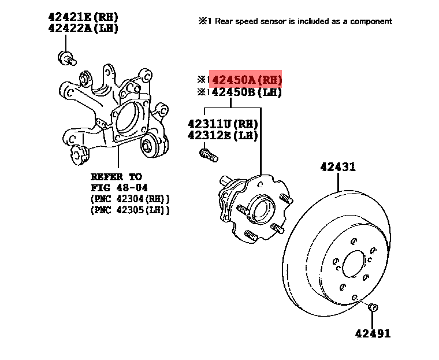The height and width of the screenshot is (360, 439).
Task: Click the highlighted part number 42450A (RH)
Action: pyautogui.click(x=247, y=80)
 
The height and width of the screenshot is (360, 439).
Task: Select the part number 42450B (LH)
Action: pyautogui.click(x=247, y=92)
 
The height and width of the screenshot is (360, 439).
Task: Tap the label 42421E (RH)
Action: pyautogui.click(x=83, y=17)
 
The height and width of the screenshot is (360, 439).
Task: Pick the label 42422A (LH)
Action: pyautogui.click(x=83, y=28)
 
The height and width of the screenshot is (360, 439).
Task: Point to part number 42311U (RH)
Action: pyautogui.click(x=222, y=124)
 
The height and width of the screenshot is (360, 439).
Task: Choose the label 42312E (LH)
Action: pyautogui.click(x=222, y=135)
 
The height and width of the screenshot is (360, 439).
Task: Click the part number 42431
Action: pyautogui.click(x=338, y=167)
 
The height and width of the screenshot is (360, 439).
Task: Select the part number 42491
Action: pyautogui.click(x=373, y=333)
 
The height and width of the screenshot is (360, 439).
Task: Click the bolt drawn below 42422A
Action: pyautogui.click(x=67, y=58)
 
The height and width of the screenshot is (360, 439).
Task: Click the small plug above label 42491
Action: pyautogui.click(x=373, y=307)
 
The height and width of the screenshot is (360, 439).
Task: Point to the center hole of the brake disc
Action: pyautogui.click(x=354, y=263)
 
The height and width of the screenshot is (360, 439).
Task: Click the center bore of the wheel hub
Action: pyautogui.click(x=262, y=208)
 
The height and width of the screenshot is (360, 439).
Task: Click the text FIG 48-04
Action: pyautogui.click(x=119, y=187)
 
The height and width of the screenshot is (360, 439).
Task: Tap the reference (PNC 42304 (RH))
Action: pyautogui.click(x=130, y=199)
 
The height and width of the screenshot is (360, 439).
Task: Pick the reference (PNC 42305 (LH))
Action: pyautogui.click(x=130, y=210)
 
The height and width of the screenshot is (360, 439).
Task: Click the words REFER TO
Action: pyautogui.click(x=117, y=177)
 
